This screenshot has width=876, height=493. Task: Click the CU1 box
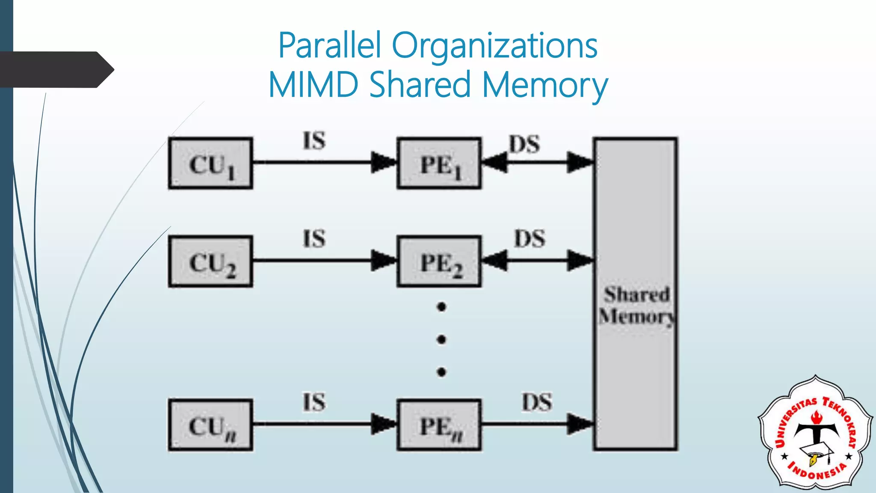210,163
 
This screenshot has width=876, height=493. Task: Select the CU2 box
210,261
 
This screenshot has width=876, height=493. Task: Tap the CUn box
210,425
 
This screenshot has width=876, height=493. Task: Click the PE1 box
439,163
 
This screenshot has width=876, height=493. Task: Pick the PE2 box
439,261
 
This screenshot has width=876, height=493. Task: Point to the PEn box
439,425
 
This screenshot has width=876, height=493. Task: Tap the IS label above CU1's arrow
314,141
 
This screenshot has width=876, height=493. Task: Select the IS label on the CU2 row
314,239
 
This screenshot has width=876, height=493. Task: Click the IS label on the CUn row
314,403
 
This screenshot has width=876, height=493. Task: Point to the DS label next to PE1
524,144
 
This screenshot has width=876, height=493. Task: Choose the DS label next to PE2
530,239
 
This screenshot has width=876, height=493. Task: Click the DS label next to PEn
537,403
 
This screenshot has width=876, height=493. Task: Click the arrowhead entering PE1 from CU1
383,162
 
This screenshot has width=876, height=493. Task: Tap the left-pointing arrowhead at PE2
495,260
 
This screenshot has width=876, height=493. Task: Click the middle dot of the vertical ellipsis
441,340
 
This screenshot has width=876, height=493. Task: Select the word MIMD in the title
313,85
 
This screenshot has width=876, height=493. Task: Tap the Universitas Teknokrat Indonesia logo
815,433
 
